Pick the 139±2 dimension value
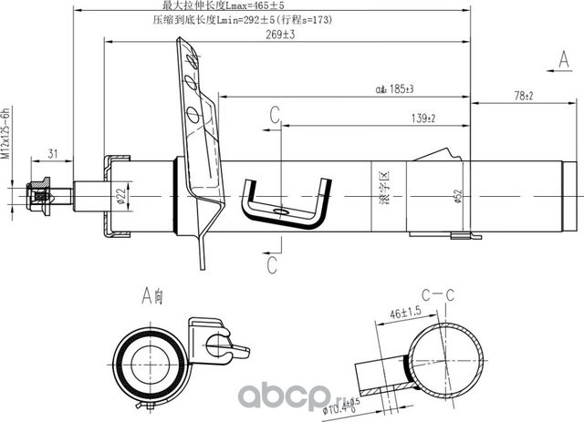click(422, 118)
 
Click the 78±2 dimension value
click(524, 95)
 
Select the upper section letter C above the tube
click(273, 114)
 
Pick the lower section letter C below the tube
click(272, 264)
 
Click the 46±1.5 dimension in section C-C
click(408, 313)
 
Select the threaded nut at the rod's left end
click(38, 194)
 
